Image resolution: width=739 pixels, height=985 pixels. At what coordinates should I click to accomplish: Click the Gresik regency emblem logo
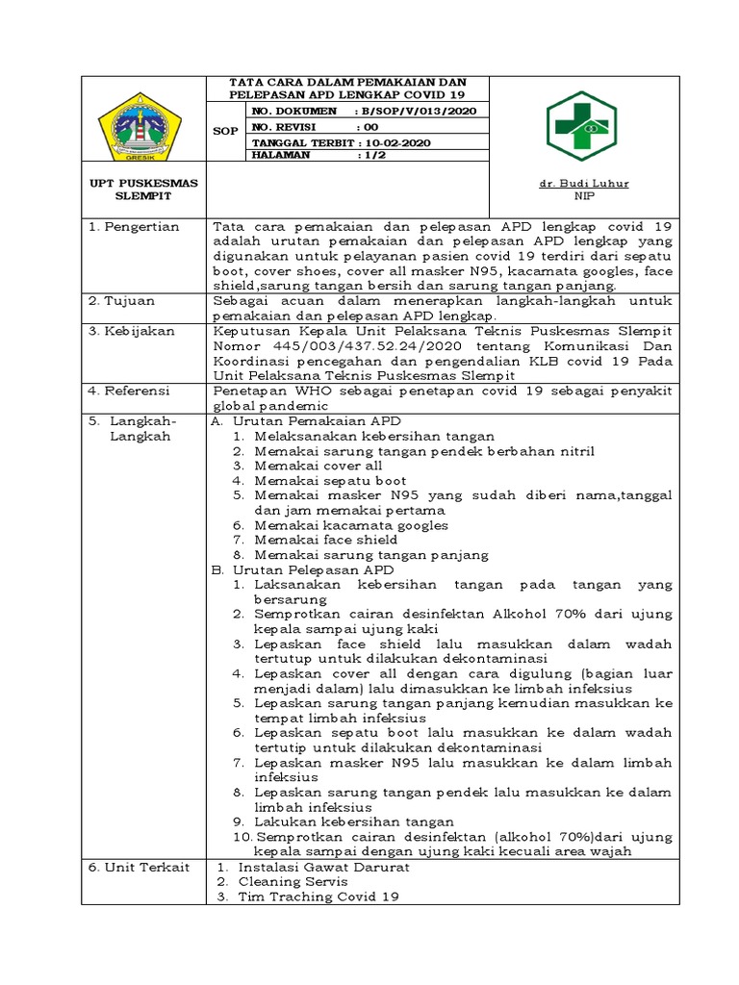(x=144, y=130)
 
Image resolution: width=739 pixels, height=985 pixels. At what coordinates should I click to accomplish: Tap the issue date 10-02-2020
(x=383, y=141)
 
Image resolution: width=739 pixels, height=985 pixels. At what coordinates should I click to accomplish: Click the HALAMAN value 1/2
(x=368, y=155)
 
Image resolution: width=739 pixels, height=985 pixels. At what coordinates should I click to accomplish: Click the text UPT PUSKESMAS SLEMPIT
(x=144, y=189)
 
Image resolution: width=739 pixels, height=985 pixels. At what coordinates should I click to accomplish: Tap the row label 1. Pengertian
(x=134, y=227)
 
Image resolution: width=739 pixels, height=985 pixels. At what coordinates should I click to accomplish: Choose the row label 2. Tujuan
(x=122, y=301)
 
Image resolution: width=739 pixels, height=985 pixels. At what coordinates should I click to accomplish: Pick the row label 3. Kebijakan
(x=132, y=331)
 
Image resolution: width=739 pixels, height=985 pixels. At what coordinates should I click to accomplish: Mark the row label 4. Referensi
(x=132, y=391)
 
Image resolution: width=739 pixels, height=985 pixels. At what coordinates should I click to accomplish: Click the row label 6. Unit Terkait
(x=139, y=867)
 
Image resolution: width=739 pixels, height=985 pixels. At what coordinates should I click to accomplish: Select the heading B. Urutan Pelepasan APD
(x=304, y=569)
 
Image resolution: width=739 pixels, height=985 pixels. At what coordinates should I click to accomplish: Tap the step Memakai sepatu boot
(x=330, y=480)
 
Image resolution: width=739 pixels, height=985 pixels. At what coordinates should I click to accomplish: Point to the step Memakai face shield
(x=326, y=540)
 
